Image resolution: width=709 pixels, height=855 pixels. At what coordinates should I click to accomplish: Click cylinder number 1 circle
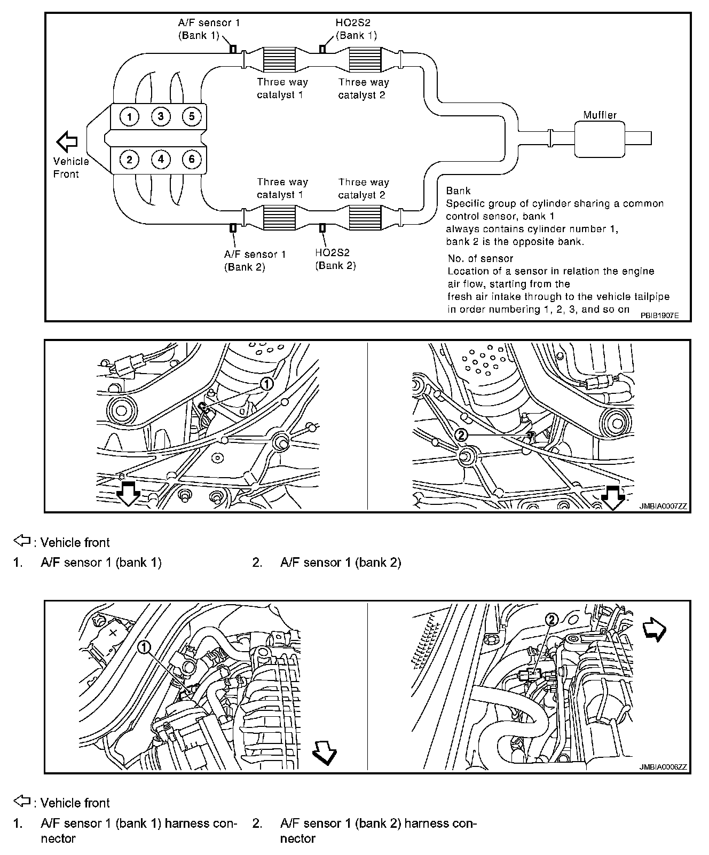(x=129, y=116)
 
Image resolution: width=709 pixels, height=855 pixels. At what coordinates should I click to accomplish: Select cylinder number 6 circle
(x=191, y=159)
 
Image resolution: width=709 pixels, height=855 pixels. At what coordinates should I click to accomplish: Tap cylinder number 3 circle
(x=160, y=116)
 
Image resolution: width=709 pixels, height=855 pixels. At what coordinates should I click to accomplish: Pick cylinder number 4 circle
(x=160, y=159)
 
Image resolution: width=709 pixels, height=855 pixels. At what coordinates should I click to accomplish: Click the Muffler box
(x=600, y=139)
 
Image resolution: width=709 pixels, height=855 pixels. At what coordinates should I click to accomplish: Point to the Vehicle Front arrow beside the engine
(x=67, y=141)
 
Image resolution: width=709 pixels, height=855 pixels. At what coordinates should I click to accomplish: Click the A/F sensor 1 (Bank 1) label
(x=205, y=29)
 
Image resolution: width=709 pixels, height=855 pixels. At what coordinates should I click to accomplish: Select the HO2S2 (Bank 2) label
(x=335, y=259)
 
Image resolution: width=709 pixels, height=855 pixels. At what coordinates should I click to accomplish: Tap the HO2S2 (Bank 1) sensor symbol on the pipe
(x=322, y=49)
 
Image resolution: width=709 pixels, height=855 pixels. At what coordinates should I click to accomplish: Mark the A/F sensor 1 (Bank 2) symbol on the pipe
(x=233, y=228)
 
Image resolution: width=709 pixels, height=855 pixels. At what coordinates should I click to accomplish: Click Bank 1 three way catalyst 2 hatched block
(x=365, y=59)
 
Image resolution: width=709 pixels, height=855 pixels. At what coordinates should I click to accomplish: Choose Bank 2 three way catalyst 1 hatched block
(x=279, y=218)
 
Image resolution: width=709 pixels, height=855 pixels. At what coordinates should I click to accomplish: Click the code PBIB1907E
(x=660, y=315)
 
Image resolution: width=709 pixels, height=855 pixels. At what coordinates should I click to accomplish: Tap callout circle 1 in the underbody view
(x=266, y=383)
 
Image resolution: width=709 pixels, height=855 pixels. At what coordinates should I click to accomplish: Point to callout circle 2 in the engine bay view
(x=552, y=619)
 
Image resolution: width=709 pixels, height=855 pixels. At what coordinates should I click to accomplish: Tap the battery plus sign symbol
(x=113, y=632)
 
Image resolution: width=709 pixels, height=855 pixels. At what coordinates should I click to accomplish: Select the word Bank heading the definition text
(x=458, y=191)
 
